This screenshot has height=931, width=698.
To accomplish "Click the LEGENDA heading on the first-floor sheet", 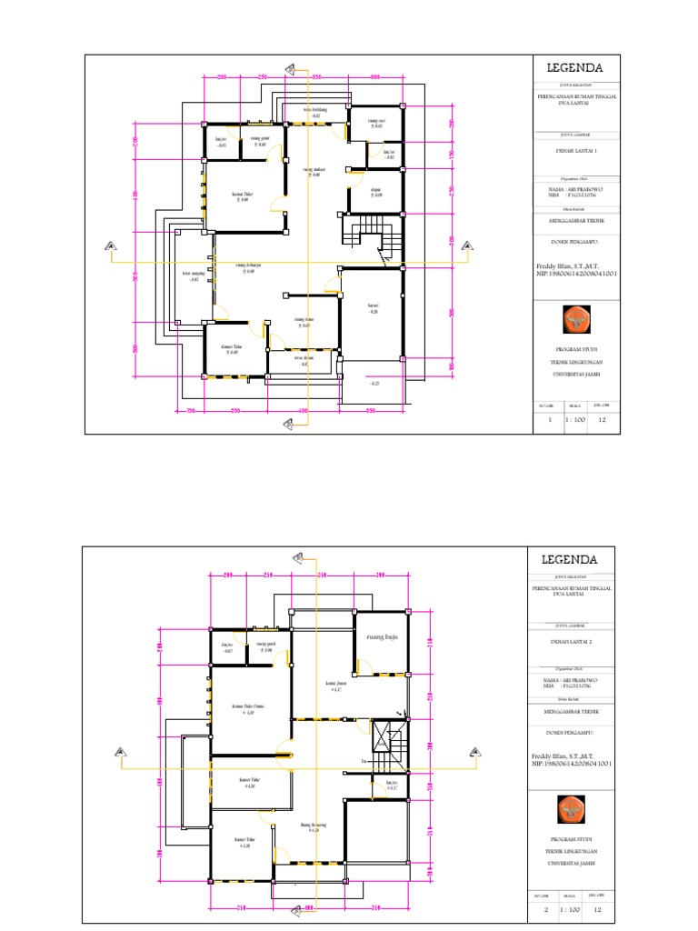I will [573, 68].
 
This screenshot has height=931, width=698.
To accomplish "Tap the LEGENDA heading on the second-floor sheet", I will [570, 559].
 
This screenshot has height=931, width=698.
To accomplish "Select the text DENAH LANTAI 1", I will [573, 154].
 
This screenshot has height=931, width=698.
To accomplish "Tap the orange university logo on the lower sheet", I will [570, 809].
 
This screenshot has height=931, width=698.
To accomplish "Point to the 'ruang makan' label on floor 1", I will [313, 172].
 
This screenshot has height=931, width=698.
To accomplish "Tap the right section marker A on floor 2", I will [472, 751].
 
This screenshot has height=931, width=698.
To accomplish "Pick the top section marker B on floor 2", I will [297, 558].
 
